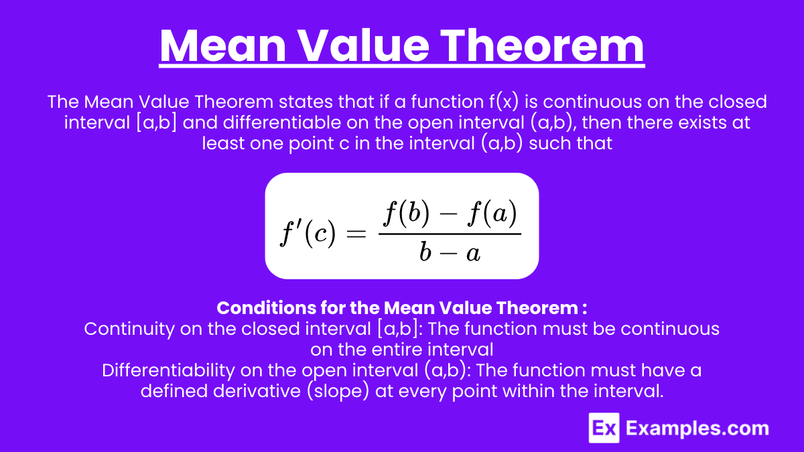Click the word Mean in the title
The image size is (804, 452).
(223, 46)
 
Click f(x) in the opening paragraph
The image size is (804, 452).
(504, 102)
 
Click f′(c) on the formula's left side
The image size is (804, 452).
(308, 234)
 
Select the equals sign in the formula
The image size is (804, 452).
(356, 234)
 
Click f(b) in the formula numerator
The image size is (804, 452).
(406, 214)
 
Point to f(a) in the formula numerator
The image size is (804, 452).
(492, 214)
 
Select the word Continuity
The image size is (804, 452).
(129, 329)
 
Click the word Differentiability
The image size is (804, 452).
(168, 370)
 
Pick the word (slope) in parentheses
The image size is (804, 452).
(338, 391)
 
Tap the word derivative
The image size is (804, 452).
(257, 390)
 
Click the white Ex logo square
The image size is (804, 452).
(604, 428)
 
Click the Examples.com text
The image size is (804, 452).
(697, 429)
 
